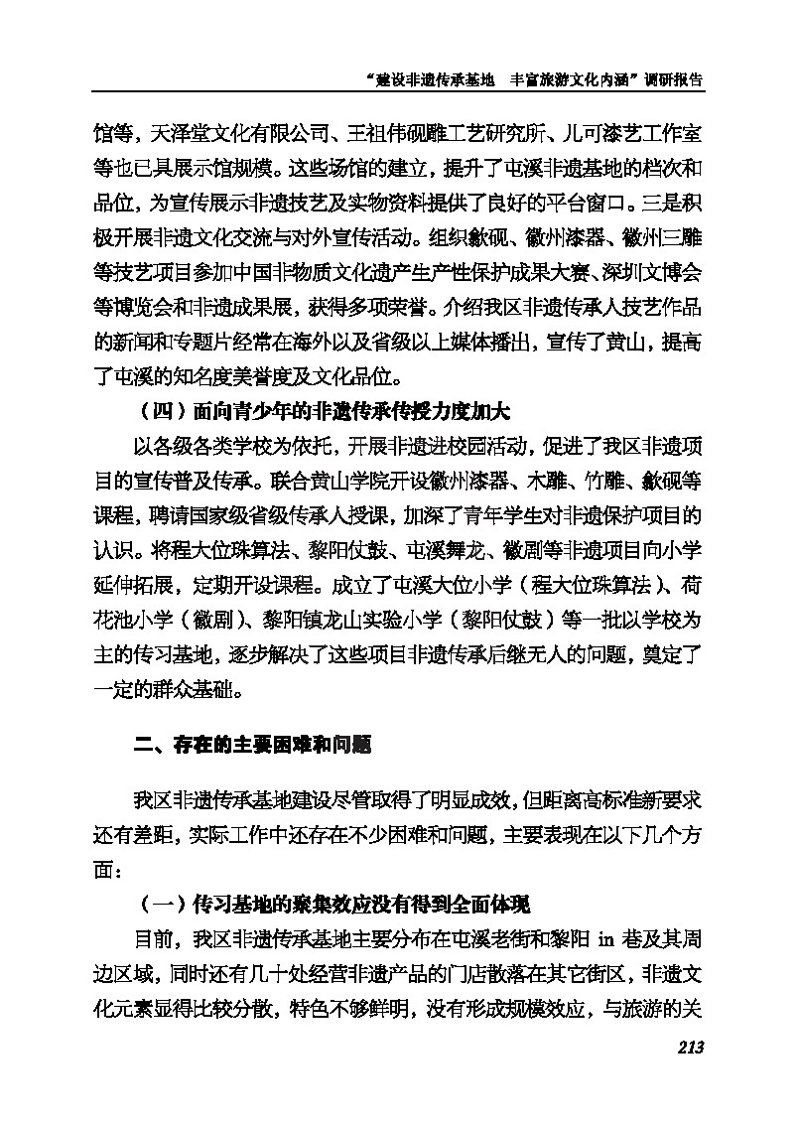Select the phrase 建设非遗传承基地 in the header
(436, 81)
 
